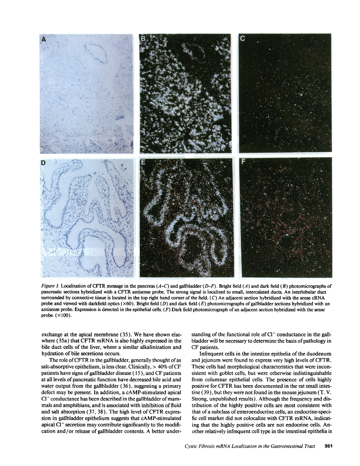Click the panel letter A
point(44,40)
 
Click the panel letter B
point(143,39)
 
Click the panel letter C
point(242,39)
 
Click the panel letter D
point(43,163)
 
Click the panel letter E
point(143,163)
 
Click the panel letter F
point(242,163)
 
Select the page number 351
point(328,446)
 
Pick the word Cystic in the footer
point(192,446)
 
